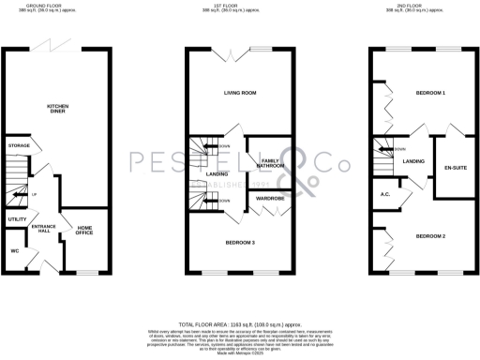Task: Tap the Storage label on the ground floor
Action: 19,147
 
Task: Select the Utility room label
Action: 16,218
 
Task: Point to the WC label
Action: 15,251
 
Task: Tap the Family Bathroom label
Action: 271,165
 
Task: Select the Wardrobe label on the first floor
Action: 272,198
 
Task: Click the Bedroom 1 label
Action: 430,94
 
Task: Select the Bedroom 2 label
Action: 431,236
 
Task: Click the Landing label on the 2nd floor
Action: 413,162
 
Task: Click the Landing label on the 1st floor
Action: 217,174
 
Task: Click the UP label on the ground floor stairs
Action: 35,194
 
